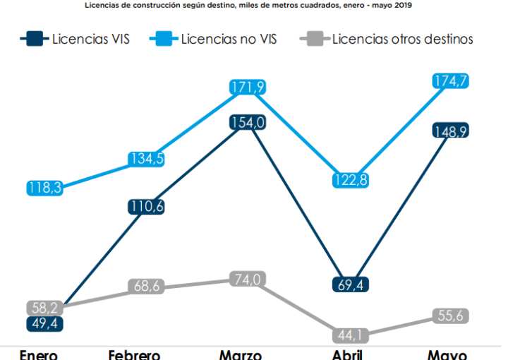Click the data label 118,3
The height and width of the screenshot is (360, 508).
(x=45, y=188)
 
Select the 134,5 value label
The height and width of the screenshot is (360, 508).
(x=146, y=159)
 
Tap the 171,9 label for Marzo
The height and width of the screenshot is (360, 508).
(x=246, y=88)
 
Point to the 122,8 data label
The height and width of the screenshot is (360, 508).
(x=351, y=180)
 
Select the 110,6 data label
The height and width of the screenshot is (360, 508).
(x=146, y=207)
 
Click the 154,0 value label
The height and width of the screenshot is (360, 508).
(x=246, y=122)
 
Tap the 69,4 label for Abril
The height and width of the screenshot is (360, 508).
(x=351, y=284)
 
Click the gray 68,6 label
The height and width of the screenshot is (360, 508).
(x=146, y=286)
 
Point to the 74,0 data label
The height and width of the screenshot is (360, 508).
(x=246, y=279)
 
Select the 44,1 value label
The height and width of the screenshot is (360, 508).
(x=351, y=335)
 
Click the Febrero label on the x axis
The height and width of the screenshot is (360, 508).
(x=134, y=354)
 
